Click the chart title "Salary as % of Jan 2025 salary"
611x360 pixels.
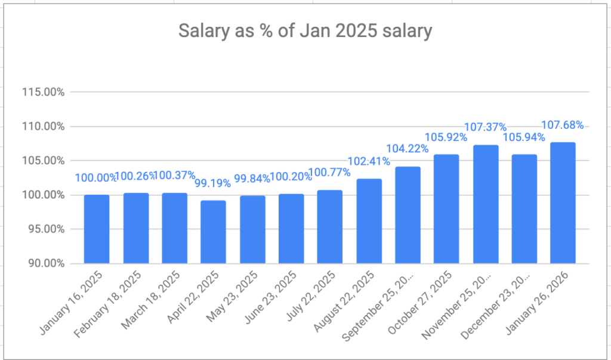[x=305, y=31]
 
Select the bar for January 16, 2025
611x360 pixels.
[x=97, y=229]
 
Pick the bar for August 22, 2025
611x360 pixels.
[x=369, y=221]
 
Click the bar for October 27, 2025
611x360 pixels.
[x=446, y=209]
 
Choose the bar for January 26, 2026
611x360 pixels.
[x=563, y=203]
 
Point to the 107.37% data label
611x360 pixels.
[x=485, y=127]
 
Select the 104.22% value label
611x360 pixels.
[x=408, y=149]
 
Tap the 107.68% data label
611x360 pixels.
[x=562, y=125]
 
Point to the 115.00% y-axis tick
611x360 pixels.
[x=43, y=93]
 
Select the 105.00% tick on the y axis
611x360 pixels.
[x=43, y=161]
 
